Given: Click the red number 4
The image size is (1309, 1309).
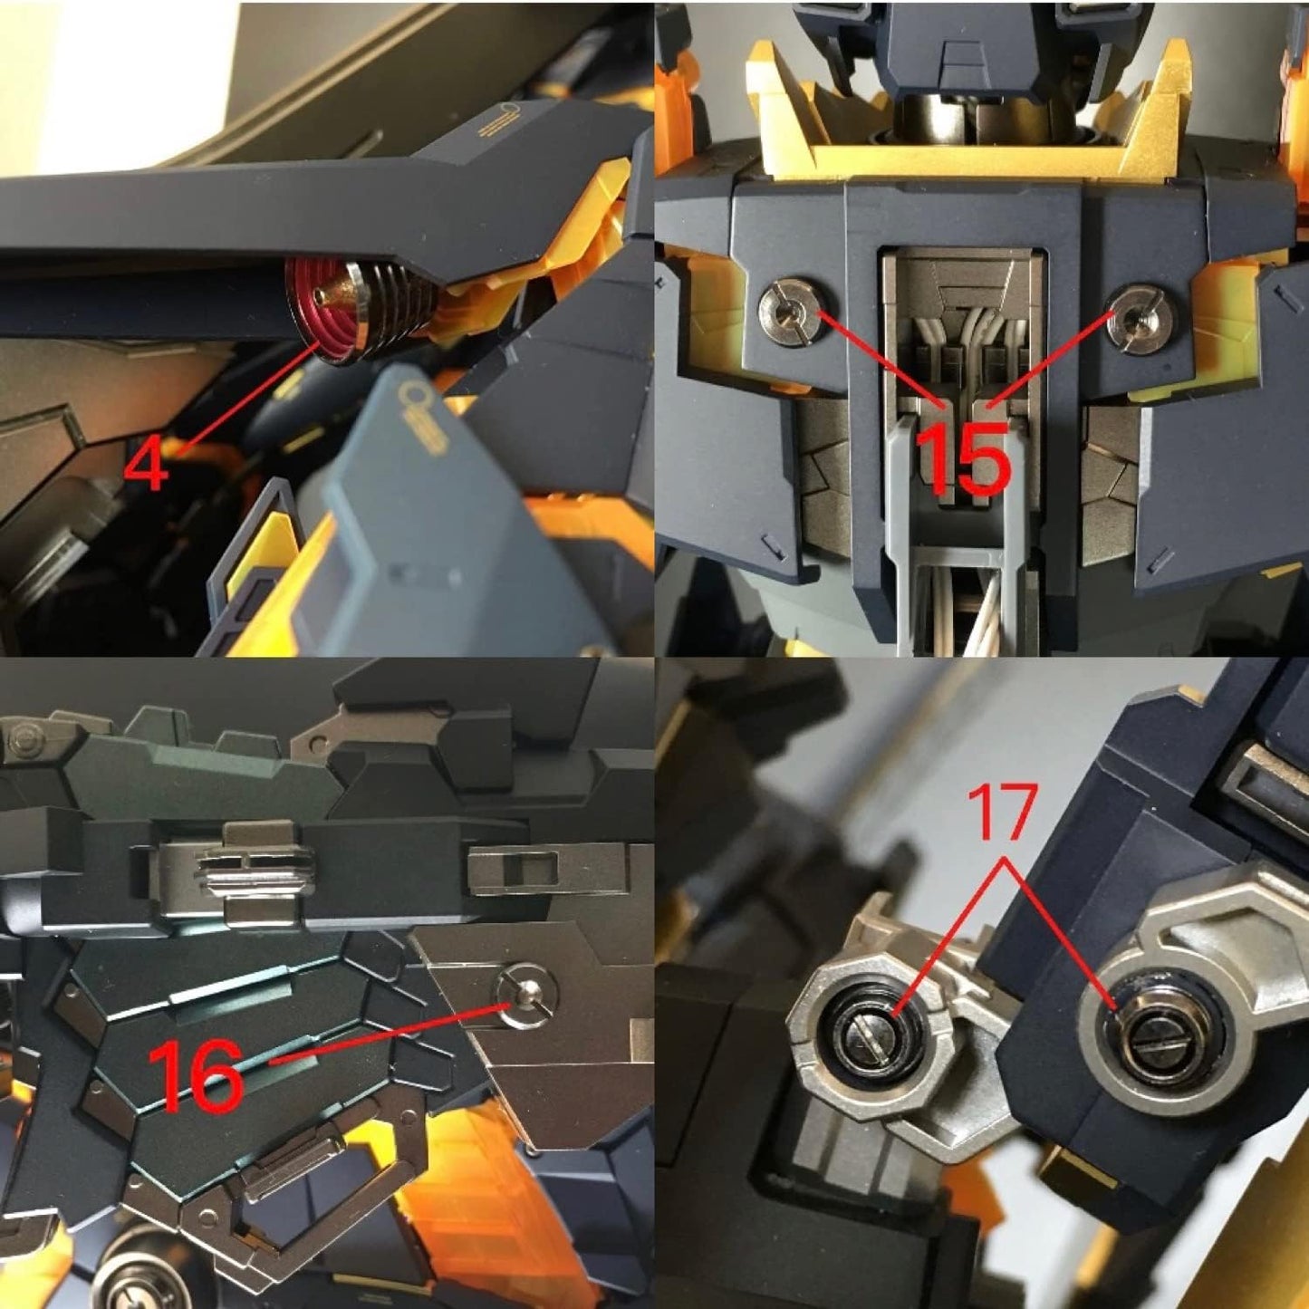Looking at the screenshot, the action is [147, 464].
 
